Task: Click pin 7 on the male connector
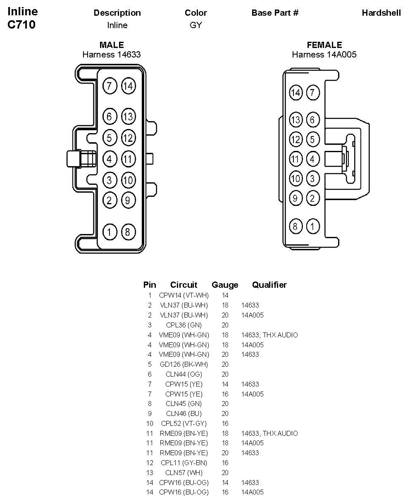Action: point(109,86)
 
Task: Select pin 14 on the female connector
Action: point(295,93)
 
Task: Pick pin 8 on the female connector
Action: point(295,226)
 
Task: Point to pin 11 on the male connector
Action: point(128,159)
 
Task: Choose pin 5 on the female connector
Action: point(312,139)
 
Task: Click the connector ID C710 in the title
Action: point(21,25)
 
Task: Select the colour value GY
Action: point(195,25)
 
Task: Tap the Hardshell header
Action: point(381,13)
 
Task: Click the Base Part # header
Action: point(275,13)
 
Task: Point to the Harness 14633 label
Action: point(112,55)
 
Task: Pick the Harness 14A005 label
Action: point(324,55)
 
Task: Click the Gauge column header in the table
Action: point(225,285)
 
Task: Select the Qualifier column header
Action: point(269,285)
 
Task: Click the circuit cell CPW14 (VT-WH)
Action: point(184,296)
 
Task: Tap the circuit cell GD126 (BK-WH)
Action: point(184,365)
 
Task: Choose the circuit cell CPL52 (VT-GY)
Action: point(184,424)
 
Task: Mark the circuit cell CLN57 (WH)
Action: point(184,473)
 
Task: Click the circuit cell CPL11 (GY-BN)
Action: point(184,463)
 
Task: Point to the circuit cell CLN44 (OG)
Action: point(184,375)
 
